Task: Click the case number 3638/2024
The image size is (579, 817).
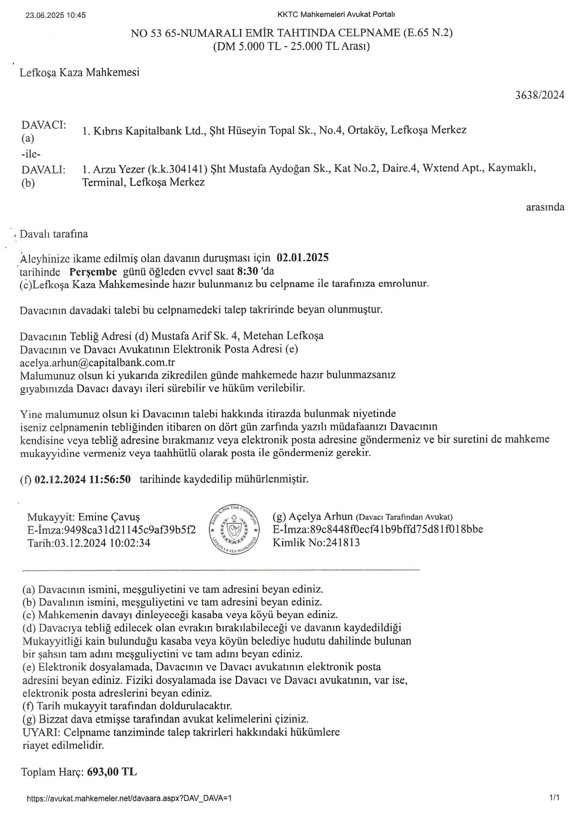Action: coord(540,95)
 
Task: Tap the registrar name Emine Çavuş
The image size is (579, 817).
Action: coord(109,517)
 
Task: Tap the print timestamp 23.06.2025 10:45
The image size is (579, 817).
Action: coord(56,15)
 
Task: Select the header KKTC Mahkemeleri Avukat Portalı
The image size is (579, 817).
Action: coord(336,15)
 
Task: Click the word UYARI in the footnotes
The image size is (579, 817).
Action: coord(40,732)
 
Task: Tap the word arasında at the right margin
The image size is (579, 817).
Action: coord(545,207)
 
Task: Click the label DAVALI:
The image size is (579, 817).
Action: coord(43,170)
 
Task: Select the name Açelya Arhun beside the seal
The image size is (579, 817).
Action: coord(320,516)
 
